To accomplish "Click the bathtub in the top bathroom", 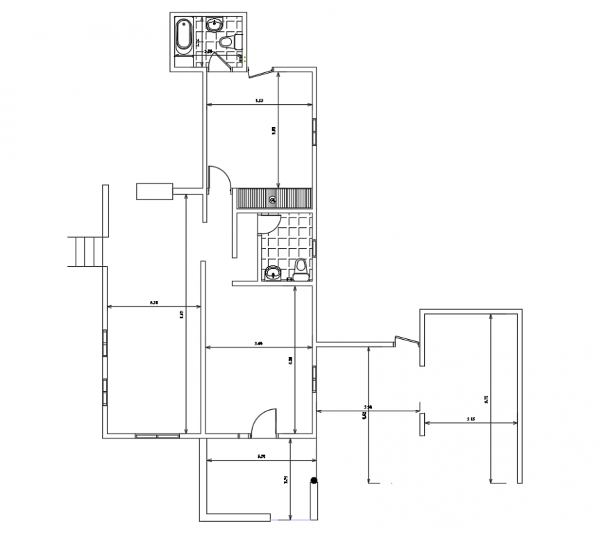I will click(183, 35).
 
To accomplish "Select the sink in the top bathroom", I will click(215, 26).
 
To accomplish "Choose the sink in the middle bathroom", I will click(273, 272).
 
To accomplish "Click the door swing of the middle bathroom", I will click(267, 224).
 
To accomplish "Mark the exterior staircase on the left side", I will click(85, 252).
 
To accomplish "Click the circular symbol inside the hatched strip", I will click(273, 199).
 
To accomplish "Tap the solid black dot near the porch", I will click(314, 480).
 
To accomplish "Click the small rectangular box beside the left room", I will click(154, 190).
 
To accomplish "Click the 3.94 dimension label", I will click(368, 406).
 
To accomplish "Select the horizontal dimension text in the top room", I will click(259, 101).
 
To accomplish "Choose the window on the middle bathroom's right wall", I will click(314, 248).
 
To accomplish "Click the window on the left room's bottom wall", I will click(157, 436).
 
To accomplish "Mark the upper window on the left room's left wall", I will click(105, 343).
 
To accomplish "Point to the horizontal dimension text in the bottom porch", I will click(261, 456).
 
